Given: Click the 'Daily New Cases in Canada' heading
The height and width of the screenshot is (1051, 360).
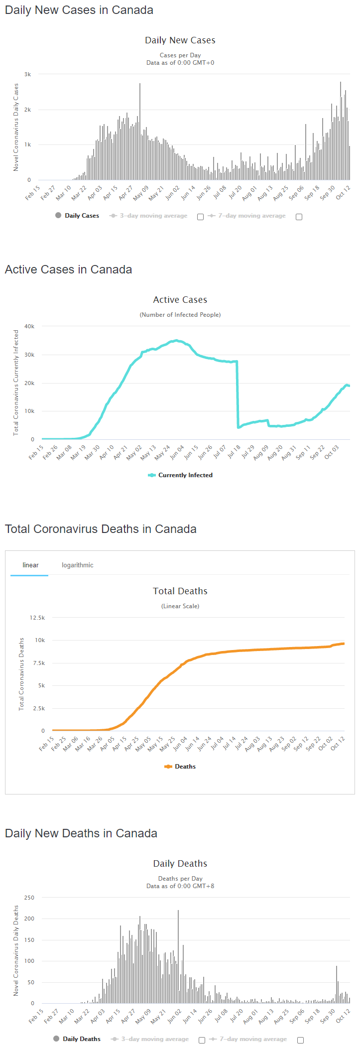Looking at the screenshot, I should coord(79,10).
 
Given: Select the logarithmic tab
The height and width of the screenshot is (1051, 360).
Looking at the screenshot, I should coord(77,565).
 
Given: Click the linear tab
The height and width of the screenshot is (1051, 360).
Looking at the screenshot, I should coord(30,565).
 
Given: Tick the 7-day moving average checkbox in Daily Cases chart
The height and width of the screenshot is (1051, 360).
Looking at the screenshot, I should coord(299,217).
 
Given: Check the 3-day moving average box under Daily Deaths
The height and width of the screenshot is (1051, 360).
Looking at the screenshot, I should coord(202,1040).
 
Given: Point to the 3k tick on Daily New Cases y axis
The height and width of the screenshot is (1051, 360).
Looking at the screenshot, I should coord(28,74).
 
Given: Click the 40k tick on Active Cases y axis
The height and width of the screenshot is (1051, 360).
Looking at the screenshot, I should coord(29,326).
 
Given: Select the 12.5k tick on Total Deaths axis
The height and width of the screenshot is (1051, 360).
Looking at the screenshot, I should coord(37,618).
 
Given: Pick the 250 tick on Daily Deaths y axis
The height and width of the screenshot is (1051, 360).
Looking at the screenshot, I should coord(29,898).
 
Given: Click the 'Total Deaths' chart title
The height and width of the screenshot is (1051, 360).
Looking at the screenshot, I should coord(180,591).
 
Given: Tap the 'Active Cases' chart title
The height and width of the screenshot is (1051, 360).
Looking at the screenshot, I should coord(180,300).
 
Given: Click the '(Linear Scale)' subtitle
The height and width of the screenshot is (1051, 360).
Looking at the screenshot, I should coord(180,606).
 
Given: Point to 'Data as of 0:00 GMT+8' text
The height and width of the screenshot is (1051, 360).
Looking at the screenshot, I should coord(180,886).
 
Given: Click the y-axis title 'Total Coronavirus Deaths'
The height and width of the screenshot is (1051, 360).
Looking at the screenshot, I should coord(21,674).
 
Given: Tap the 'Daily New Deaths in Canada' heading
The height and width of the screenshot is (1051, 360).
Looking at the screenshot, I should coord(81,833).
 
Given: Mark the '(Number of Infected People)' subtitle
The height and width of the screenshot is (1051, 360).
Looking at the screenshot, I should coord(180,315).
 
